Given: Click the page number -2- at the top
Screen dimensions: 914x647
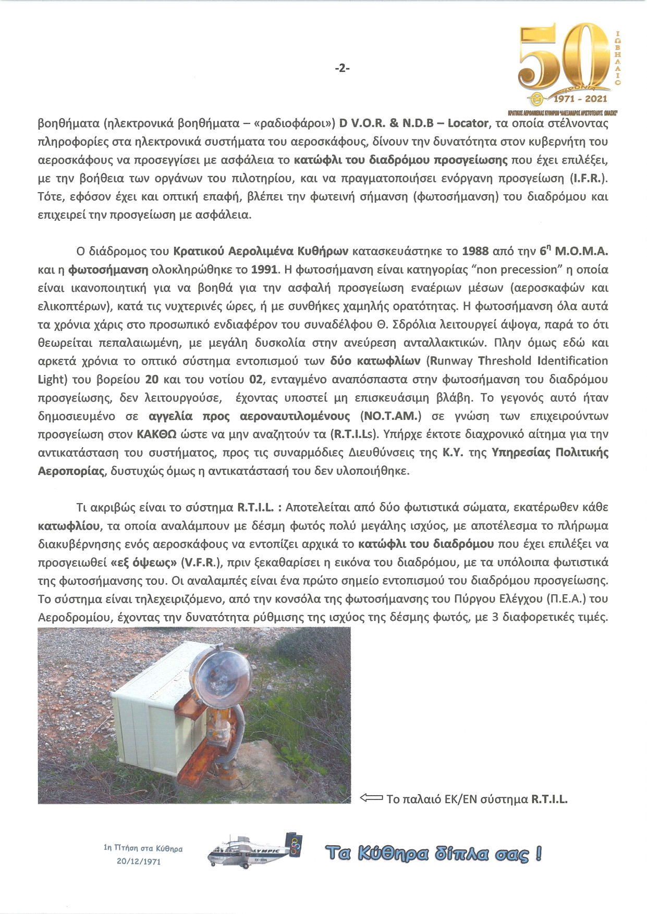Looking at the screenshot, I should tap(342, 68).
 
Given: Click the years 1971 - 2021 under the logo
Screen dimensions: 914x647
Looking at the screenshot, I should tap(580, 98).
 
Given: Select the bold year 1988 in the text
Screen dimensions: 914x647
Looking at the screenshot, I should tap(475, 252).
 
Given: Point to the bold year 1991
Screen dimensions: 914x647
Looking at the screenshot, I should tap(265, 270).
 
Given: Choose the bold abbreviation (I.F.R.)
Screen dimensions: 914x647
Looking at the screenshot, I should tap(589, 178).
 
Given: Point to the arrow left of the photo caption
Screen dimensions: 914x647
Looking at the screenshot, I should tap(371, 798).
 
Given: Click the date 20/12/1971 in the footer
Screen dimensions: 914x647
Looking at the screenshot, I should tap(139, 861).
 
